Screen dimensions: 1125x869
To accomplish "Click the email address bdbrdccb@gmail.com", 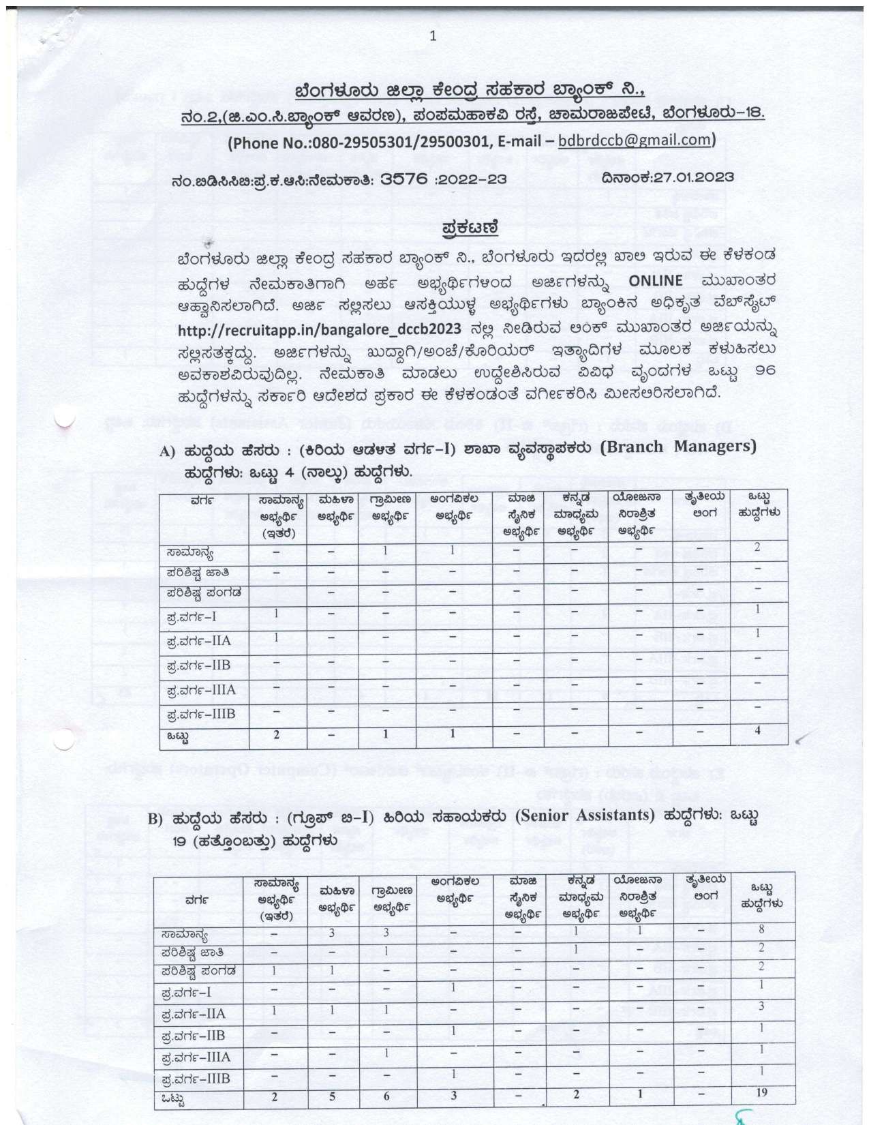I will pyautogui.click(x=635, y=140).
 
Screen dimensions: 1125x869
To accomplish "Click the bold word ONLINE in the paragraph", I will pyautogui.click(x=655, y=281).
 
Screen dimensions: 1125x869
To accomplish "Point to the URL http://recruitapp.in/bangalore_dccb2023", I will pyautogui.click(x=320, y=329).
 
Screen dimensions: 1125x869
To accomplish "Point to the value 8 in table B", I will pyautogui.click(x=761, y=929).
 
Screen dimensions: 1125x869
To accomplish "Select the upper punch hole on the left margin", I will pyautogui.click(x=65, y=417).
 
